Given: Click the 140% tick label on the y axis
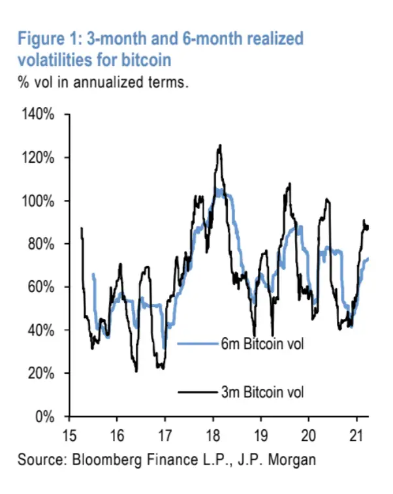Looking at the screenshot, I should pyautogui.click(x=40, y=114).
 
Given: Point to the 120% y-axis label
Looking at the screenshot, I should pyautogui.click(x=40, y=157).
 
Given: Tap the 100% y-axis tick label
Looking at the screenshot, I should pyautogui.click(x=40, y=201).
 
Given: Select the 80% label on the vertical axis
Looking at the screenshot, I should pyautogui.click(x=43, y=244).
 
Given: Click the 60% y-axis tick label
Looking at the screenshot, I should pyautogui.click(x=43, y=287).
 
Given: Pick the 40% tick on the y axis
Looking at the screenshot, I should pyautogui.click(x=43, y=330).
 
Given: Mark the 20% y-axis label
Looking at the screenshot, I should pyautogui.click(x=43, y=373).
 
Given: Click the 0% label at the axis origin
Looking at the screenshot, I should pyautogui.click(x=46, y=416).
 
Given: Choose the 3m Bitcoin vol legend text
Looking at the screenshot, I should pyautogui.click(x=262, y=392).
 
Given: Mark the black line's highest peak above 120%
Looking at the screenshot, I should pyautogui.click(x=220, y=145).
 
